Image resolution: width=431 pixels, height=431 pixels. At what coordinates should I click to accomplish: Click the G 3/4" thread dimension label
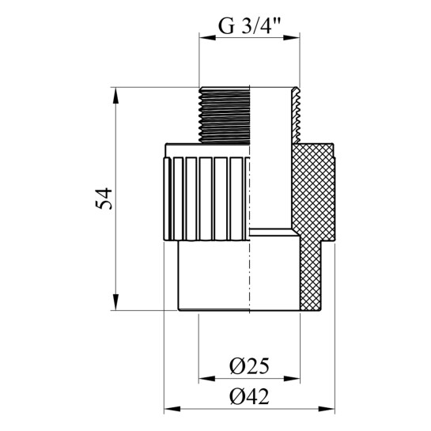coord(249,25)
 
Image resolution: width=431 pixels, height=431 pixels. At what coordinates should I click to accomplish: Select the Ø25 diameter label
coord(249,366)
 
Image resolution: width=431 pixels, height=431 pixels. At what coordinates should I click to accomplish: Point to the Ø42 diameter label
coord(249,396)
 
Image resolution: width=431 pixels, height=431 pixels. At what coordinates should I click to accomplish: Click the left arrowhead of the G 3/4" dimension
coord(207,38)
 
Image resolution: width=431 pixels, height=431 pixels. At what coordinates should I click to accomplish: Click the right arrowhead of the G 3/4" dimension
coord(291,38)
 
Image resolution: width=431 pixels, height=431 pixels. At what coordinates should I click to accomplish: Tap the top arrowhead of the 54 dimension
coord(115,96)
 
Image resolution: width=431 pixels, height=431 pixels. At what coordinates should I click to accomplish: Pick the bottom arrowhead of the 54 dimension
coord(115,302)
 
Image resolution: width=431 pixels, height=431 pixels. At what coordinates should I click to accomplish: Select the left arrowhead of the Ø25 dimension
coord(207,379)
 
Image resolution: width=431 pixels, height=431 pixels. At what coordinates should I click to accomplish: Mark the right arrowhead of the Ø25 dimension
coord(292,379)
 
